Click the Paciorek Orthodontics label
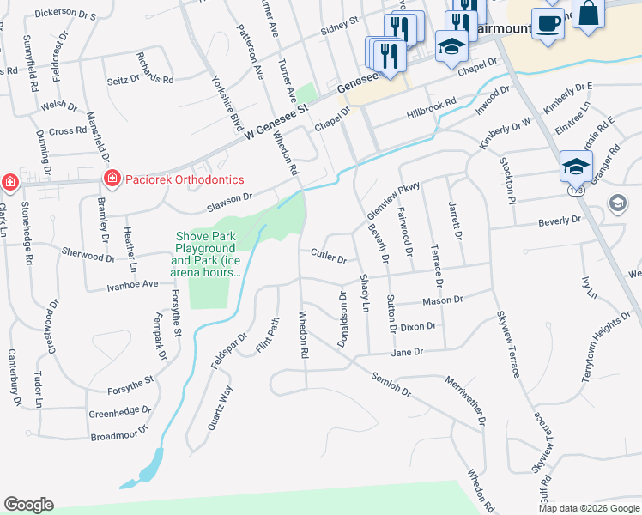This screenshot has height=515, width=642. (185, 179)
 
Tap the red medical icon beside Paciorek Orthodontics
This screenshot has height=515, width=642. (111, 179)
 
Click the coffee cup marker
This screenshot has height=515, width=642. (548, 22)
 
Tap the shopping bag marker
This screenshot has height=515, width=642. (589, 15)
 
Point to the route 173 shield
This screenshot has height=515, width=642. (576, 192)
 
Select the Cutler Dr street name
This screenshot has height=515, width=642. (329, 257)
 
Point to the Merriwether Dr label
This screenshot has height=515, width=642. (465, 401)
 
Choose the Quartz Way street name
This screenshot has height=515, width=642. (220, 407)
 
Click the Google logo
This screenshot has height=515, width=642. (28, 505)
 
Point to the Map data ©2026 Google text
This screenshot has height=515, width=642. (589, 508)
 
